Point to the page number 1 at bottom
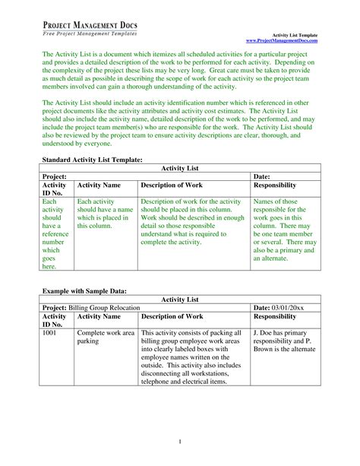coord(179,441)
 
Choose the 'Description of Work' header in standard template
coord(172,185)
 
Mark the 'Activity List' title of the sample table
coord(180,299)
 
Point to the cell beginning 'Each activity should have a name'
coord(105,215)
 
